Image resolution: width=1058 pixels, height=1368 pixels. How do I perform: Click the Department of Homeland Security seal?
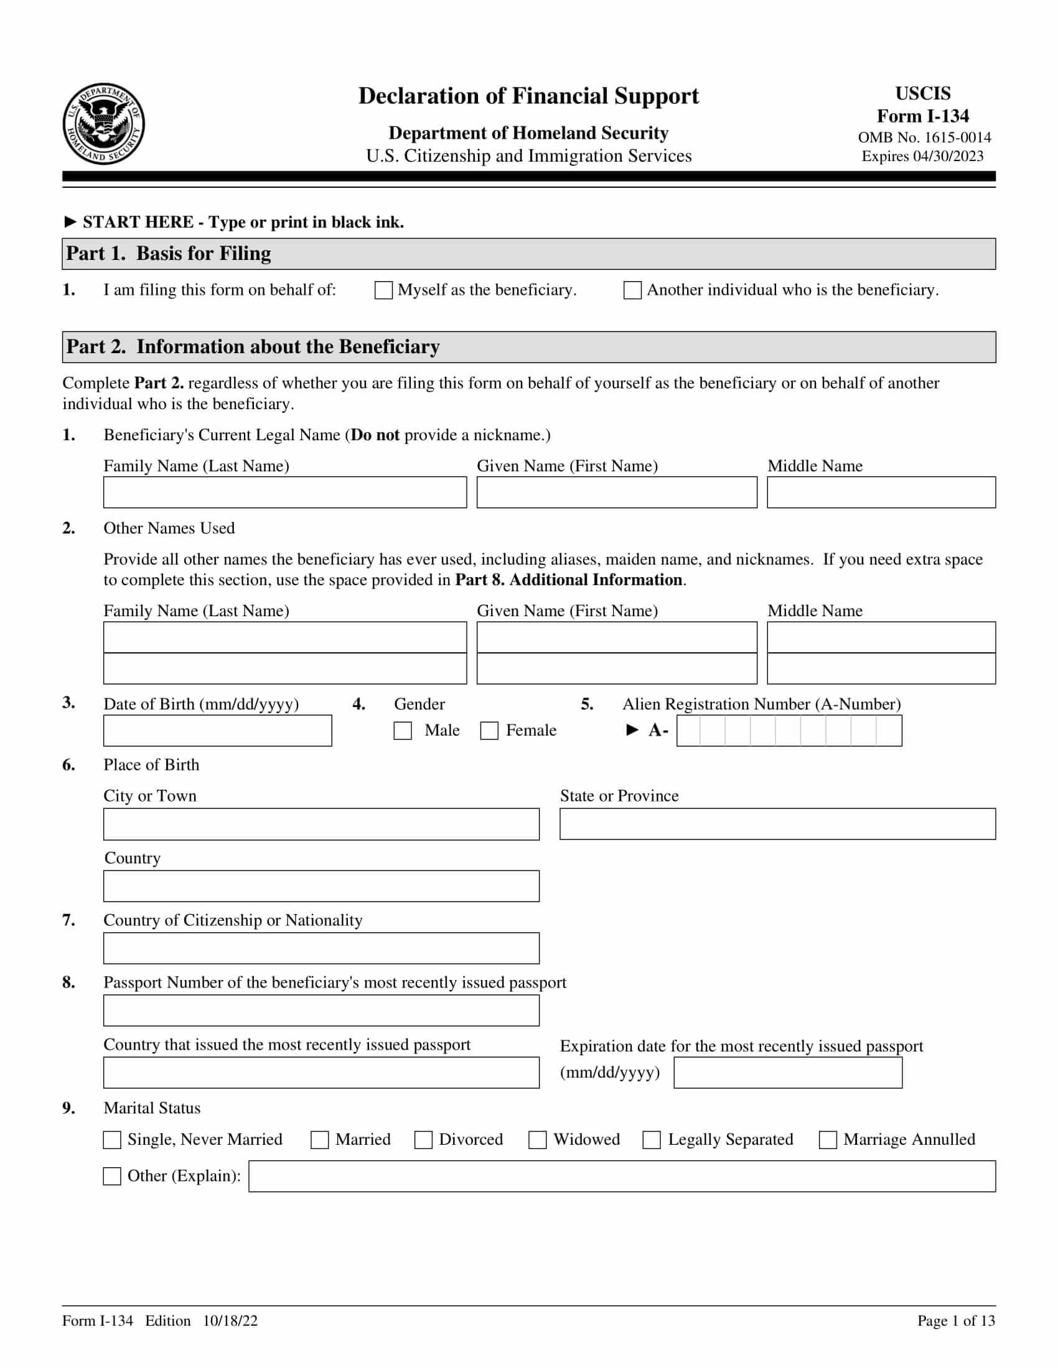pos(103,124)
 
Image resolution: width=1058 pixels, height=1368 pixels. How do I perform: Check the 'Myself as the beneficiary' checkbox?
pos(383,290)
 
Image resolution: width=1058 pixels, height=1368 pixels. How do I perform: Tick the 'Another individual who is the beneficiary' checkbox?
pos(632,290)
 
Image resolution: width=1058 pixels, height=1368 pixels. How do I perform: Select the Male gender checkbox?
pos(403,731)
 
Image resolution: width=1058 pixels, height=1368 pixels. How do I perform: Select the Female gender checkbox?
pos(489,731)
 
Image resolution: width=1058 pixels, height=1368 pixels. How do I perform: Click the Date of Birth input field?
pos(217,731)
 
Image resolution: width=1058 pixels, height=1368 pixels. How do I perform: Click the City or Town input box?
pos(321,824)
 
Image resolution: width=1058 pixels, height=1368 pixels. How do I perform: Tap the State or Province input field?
pos(777,824)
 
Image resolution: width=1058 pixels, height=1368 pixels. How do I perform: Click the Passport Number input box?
pos(321,1010)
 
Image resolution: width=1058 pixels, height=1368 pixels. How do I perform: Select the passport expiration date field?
pos(788,1073)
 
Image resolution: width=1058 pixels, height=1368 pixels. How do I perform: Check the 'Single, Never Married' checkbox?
pos(112,1139)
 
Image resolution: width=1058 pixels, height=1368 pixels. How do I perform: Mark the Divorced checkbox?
pos(424,1139)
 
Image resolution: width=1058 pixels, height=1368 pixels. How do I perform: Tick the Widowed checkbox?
pos(538,1139)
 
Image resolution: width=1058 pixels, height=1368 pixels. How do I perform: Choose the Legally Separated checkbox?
pos(652,1139)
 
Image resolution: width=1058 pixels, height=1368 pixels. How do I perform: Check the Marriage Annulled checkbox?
pos(828,1139)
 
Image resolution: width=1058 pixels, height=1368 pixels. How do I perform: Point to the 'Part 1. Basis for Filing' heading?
pos(169,254)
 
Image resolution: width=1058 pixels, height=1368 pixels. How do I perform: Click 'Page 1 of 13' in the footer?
pos(956,1320)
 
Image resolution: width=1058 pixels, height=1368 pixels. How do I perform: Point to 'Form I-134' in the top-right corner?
pos(922,116)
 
